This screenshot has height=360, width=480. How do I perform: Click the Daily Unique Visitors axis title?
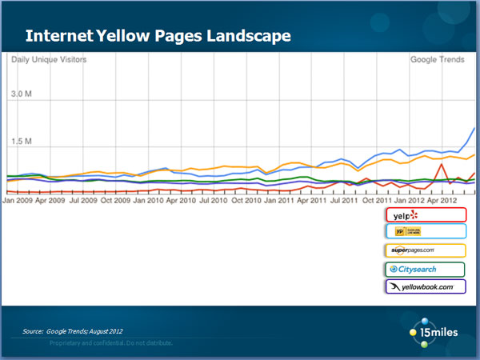(x=48, y=60)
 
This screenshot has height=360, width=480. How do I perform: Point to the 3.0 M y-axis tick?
(x=21, y=94)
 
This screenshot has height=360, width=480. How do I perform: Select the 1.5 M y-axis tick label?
(x=21, y=142)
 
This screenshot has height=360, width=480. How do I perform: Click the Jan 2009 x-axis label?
(x=19, y=201)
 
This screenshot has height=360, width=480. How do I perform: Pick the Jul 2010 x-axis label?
(x=211, y=201)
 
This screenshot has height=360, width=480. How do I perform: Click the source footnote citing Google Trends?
(x=73, y=331)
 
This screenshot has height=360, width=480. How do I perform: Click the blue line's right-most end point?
(x=475, y=128)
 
